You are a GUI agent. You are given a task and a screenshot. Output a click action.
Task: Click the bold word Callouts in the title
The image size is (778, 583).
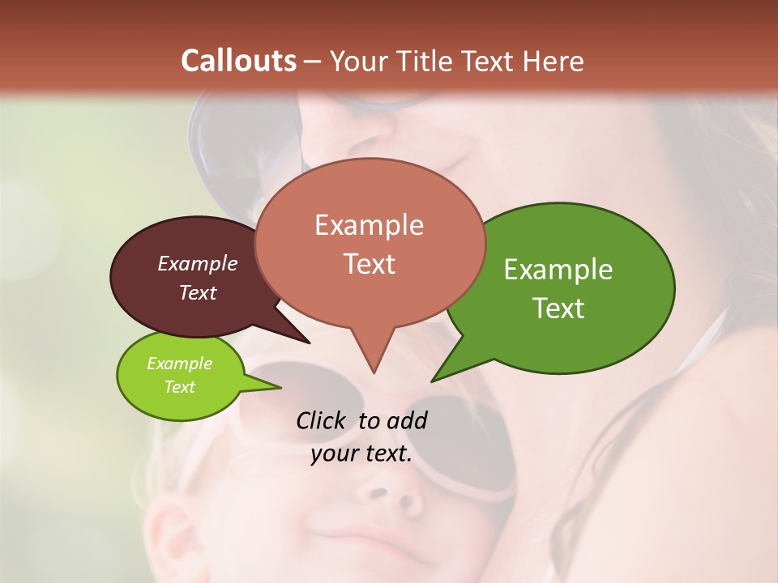pyautogui.click(x=239, y=61)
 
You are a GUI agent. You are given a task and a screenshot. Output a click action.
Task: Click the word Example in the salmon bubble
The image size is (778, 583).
pyautogui.click(x=369, y=225)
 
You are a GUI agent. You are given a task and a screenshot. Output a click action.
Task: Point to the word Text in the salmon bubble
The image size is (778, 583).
pyautogui.click(x=369, y=264)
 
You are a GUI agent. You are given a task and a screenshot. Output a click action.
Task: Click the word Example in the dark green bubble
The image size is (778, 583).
pyautogui.click(x=558, y=270)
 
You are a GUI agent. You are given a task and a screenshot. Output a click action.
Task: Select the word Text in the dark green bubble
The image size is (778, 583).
pyautogui.click(x=558, y=309)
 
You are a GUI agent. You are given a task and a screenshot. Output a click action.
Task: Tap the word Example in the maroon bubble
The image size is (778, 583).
pyautogui.click(x=198, y=263)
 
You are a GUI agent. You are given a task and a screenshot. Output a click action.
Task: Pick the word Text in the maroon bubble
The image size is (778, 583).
pyautogui.click(x=198, y=292)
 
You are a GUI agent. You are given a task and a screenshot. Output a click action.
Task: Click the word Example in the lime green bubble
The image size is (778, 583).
pyautogui.click(x=179, y=364)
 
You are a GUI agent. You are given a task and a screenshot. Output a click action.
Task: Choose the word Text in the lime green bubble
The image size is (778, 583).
pyautogui.click(x=179, y=387)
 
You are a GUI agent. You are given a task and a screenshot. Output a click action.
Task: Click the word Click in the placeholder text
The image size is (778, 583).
pyautogui.click(x=323, y=421)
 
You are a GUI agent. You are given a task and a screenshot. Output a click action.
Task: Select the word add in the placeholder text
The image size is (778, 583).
pyautogui.click(x=406, y=421)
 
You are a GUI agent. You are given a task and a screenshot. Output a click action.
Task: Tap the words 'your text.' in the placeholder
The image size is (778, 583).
pyautogui.click(x=361, y=453)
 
